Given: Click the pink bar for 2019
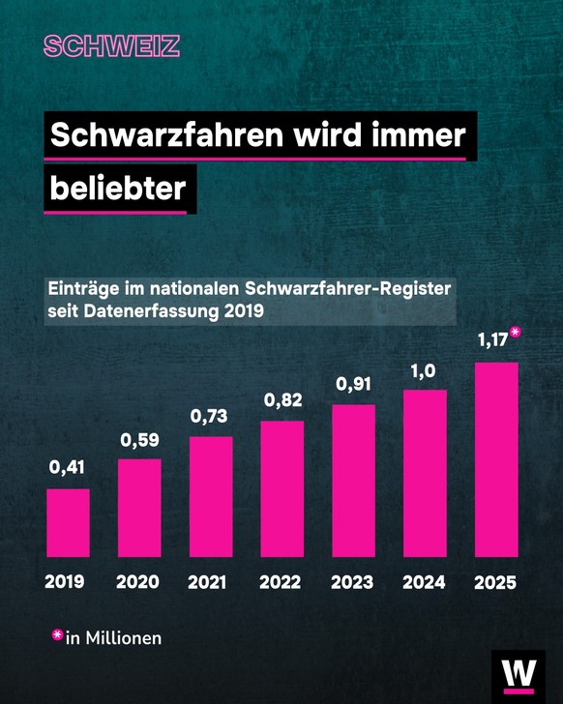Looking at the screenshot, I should coord(68,522).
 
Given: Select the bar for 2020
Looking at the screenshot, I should coord(139,508).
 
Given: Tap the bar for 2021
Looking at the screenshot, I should coord(211,496).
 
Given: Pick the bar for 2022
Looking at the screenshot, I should coord(282,488).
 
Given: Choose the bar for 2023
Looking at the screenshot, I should coord(353,481).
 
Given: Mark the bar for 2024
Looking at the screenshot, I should coord(425,473).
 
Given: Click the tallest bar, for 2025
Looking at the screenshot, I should coord(496,459).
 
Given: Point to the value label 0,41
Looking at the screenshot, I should coord(68,469).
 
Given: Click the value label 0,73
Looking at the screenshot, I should coord(210,416).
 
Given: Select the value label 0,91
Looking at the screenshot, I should coord(353,384).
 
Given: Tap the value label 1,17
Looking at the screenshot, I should coord(493,340).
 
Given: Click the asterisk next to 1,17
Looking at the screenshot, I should coord(516,333).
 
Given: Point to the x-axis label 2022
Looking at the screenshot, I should coord(281,582).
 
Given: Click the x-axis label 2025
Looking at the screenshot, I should coord(495,582).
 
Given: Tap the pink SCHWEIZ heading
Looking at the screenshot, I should coord(111,46).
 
